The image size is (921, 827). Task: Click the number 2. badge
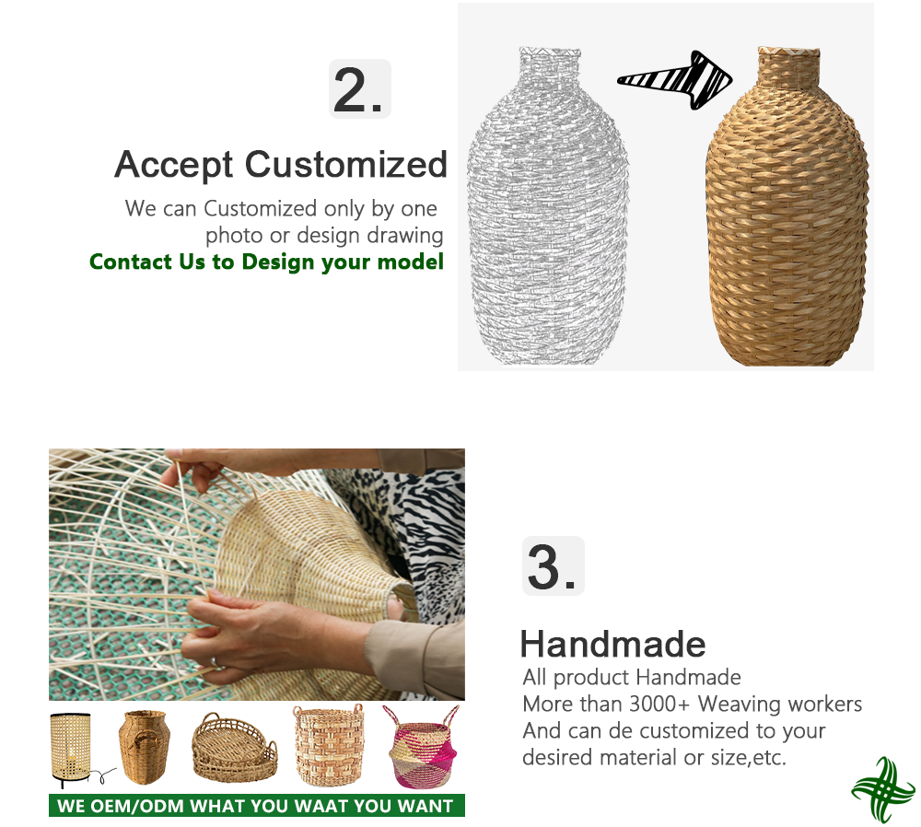tap(359, 88)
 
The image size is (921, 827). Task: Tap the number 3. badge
tap(554, 565)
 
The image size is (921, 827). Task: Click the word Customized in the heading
tap(346, 164)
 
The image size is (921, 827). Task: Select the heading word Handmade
tap(612, 644)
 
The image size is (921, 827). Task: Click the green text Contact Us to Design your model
tap(266, 262)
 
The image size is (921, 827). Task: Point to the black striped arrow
tap(675, 80)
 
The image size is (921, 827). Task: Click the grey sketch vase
tap(547, 205)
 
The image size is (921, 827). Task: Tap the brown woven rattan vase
tap(787, 205)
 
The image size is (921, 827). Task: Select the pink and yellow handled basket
tap(423, 747)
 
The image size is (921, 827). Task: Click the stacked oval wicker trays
tap(234, 748)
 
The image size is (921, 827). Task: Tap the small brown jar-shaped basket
tap(144, 747)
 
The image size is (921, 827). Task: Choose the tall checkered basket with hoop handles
tap(329, 745)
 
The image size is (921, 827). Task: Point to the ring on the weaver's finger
tap(215, 662)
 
